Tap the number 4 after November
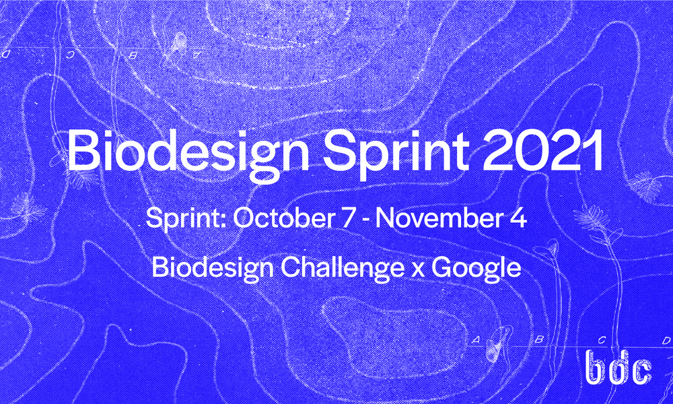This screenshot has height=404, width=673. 519,220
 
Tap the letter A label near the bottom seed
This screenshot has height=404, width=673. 475,341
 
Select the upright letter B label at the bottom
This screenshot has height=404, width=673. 538,341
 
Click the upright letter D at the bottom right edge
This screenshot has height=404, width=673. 665,341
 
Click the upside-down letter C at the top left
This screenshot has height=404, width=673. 70,53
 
